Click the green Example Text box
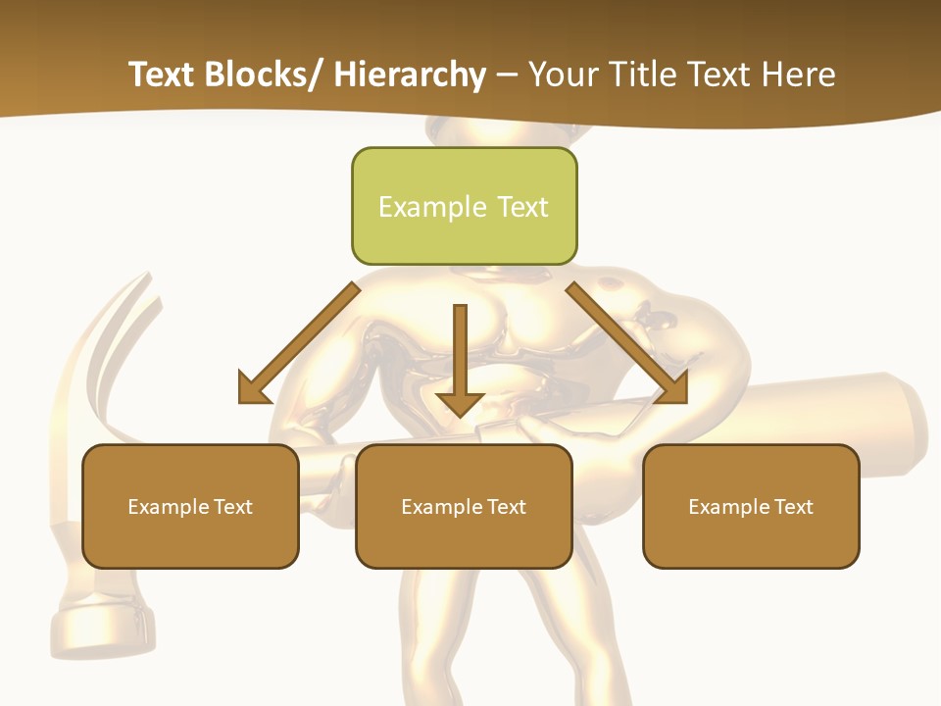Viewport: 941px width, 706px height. point(464,206)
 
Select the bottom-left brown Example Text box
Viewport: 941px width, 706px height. point(190,506)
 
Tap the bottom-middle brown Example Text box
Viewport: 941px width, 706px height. point(464,506)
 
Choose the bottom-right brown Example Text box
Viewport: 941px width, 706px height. point(751,506)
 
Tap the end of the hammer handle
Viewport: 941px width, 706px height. point(907,422)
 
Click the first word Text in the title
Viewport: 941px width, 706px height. point(162,75)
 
